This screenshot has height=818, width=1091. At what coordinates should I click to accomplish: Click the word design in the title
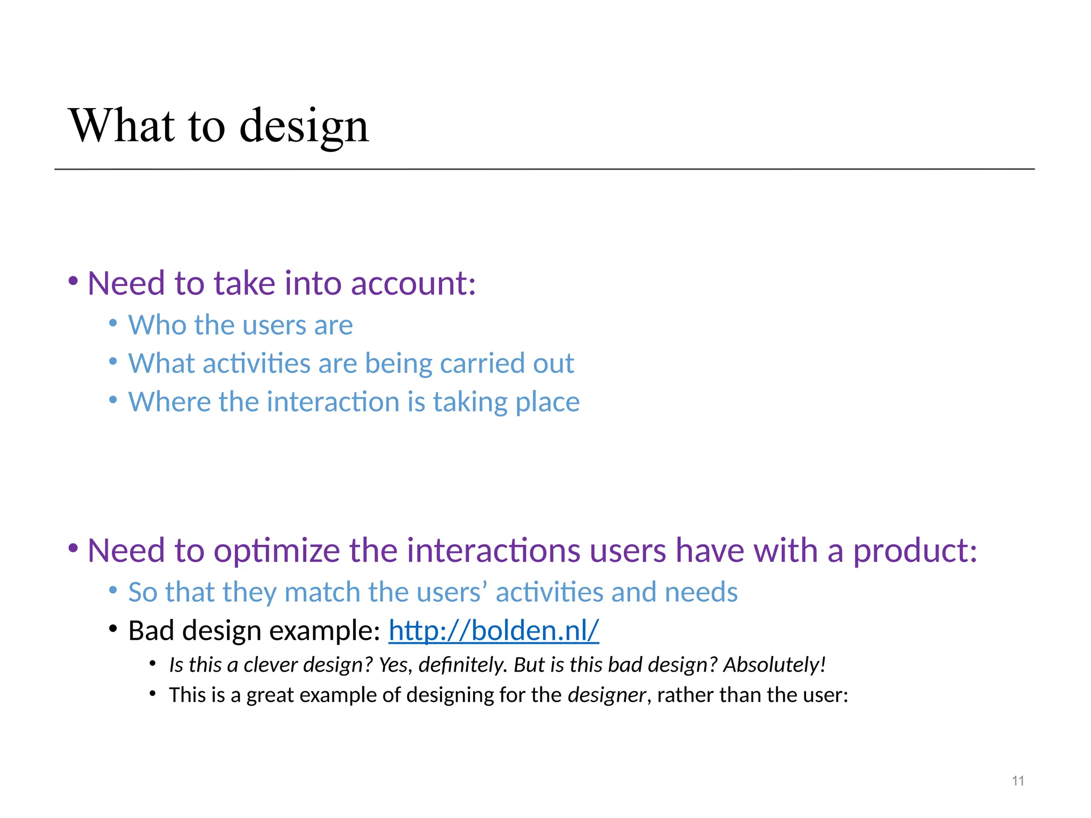tap(304, 127)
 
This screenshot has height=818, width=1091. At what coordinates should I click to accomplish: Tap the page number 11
tap(1018, 781)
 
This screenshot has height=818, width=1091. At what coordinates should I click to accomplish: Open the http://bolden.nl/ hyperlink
tap(493, 631)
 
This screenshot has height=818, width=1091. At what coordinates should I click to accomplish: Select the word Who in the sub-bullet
tap(157, 325)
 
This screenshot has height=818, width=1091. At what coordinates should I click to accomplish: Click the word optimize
tap(276, 551)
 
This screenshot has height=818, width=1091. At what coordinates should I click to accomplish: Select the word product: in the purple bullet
tap(915, 551)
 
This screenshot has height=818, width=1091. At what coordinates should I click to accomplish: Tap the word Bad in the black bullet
tap(151, 631)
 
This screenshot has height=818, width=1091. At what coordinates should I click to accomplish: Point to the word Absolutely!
tap(774, 665)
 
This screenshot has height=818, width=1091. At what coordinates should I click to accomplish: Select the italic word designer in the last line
tap(606, 696)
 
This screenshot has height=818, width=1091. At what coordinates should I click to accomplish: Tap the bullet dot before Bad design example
tap(112, 629)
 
